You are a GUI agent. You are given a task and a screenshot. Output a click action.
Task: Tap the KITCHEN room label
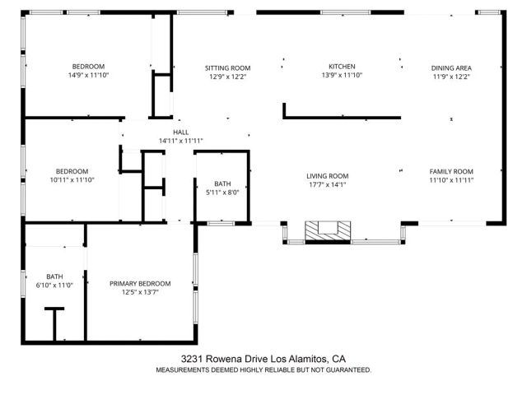point(342,67)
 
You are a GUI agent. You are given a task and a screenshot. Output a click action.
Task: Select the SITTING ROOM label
point(227,67)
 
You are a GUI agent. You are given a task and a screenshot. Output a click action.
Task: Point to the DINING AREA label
point(451,67)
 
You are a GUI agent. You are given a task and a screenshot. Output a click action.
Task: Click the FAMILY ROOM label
point(451,171)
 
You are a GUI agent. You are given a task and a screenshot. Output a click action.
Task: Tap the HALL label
point(180,132)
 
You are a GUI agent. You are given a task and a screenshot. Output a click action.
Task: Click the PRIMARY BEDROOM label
point(140,283)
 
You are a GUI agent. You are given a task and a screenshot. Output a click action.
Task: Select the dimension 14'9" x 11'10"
point(87,75)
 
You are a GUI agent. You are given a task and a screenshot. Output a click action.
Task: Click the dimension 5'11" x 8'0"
point(222,193)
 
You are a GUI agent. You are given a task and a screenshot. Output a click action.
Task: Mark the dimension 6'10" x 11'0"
point(54,285)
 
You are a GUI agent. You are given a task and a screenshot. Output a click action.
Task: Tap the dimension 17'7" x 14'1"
point(328,184)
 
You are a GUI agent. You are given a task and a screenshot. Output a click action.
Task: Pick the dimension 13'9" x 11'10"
point(342,75)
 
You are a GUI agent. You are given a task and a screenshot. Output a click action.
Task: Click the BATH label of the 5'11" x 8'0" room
point(222,184)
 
